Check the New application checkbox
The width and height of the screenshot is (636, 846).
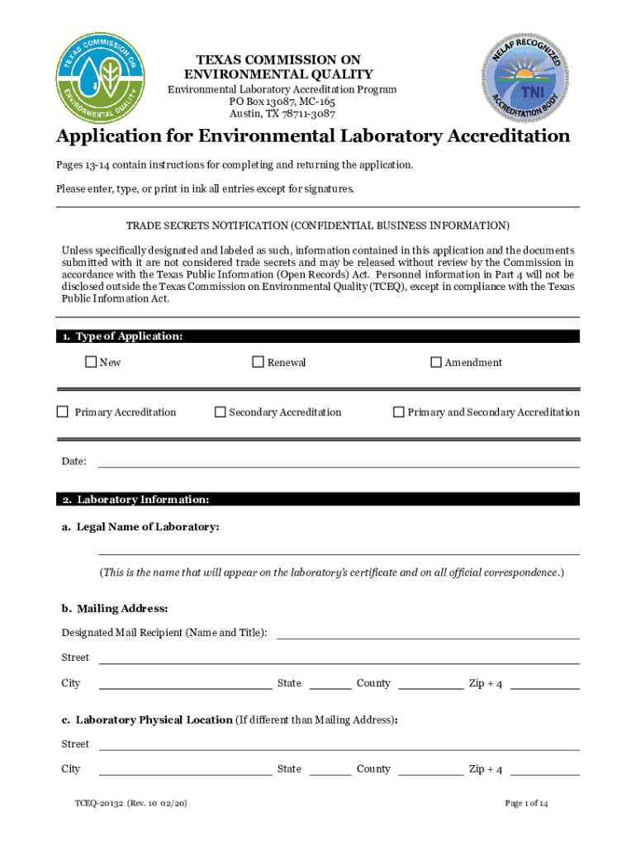(x=91, y=362)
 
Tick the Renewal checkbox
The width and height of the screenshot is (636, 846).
(x=258, y=362)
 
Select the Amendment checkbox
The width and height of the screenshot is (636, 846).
(x=436, y=362)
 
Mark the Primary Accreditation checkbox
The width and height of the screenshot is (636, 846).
(x=62, y=411)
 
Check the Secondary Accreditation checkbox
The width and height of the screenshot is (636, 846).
(x=220, y=411)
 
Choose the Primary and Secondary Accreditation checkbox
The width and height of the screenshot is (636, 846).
(x=398, y=411)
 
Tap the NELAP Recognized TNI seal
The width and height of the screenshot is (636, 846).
(x=526, y=80)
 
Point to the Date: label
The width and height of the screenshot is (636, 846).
(x=74, y=461)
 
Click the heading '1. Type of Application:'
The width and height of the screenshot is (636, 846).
(x=121, y=336)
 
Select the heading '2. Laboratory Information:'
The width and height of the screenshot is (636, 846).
(x=135, y=500)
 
